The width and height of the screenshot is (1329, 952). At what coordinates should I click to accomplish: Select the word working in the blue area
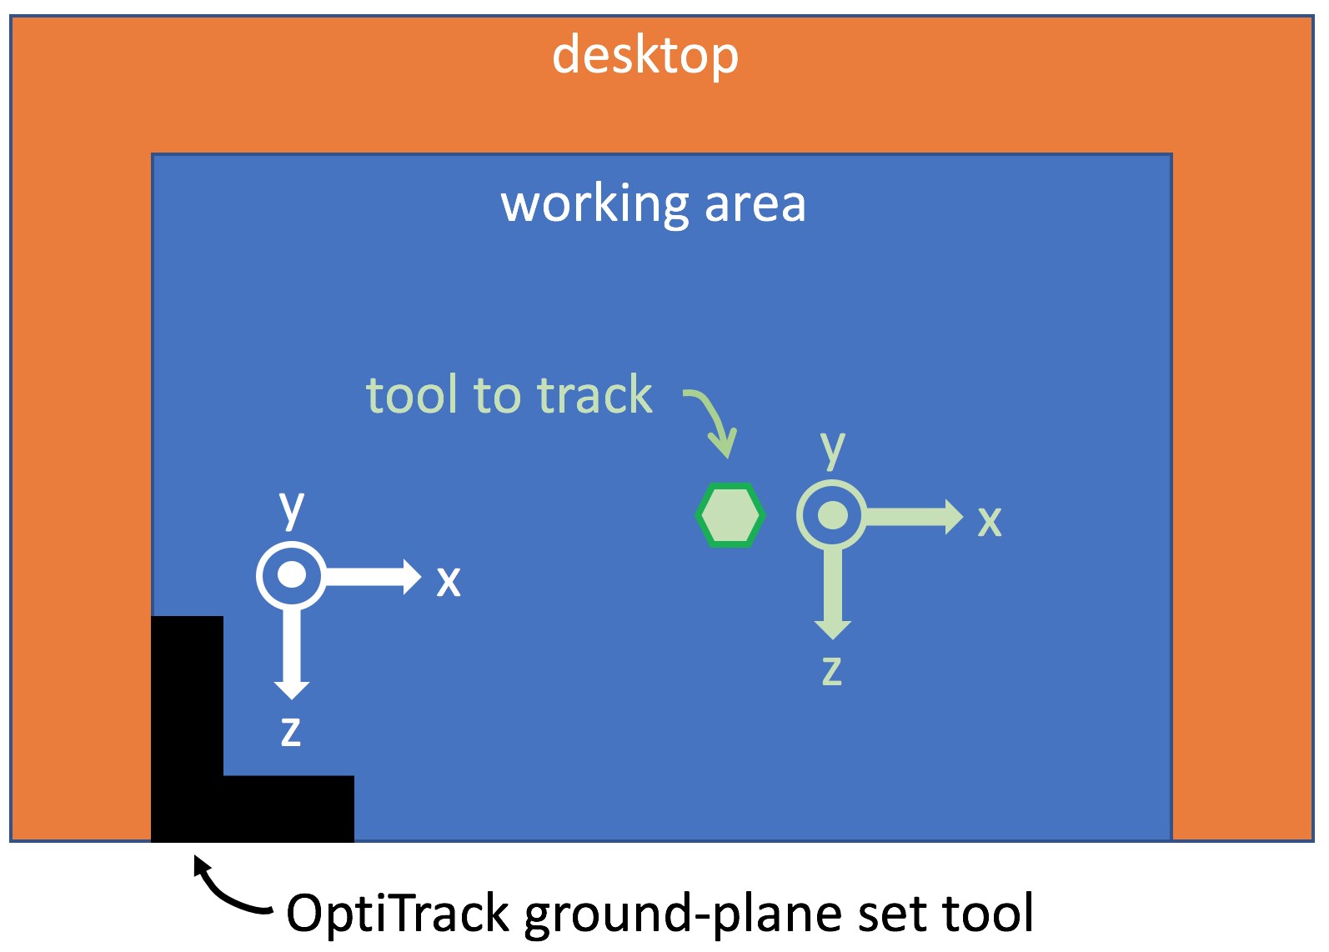click(x=594, y=204)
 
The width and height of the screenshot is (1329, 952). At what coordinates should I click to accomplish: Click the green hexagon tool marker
click(x=730, y=515)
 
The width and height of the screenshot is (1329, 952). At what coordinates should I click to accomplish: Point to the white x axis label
click(x=449, y=582)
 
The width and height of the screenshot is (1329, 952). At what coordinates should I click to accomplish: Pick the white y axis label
click(x=291, y=509)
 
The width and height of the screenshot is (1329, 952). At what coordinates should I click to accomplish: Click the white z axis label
click(x=291, y=732)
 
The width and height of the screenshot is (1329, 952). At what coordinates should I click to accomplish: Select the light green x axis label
click(x=990, y=522)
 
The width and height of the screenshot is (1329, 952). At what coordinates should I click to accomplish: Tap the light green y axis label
click(x=832, y=449)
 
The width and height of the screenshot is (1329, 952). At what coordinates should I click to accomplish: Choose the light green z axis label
click(x=832, y=672)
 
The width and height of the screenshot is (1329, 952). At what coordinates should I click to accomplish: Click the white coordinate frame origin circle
click(x=291, y=574)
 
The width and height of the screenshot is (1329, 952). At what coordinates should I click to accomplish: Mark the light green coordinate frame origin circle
click(x=832, y=515)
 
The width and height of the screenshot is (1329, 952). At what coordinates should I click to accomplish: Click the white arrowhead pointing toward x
click(x=412, y=577)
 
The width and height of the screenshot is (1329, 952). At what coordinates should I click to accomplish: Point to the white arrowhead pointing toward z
click(x=291, y=690)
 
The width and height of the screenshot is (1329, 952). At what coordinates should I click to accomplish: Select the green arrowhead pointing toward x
click(x=954, y=517)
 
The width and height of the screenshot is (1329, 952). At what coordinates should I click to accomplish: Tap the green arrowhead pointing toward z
click(x=832, y=630)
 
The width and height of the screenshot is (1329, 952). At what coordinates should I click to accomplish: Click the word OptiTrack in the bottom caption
click(x=397, y=914)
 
